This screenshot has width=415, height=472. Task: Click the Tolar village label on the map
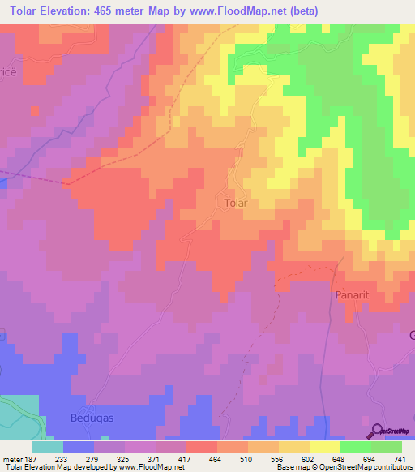pos(235,203)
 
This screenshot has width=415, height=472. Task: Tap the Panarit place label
pos(351,296)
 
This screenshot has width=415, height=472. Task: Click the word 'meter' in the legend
pos(14,460)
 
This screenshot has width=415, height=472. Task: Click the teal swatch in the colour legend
pos(48,447)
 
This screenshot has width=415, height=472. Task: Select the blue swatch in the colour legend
pos(79,447)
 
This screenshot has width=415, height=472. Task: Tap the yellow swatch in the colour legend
pos(325,447)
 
